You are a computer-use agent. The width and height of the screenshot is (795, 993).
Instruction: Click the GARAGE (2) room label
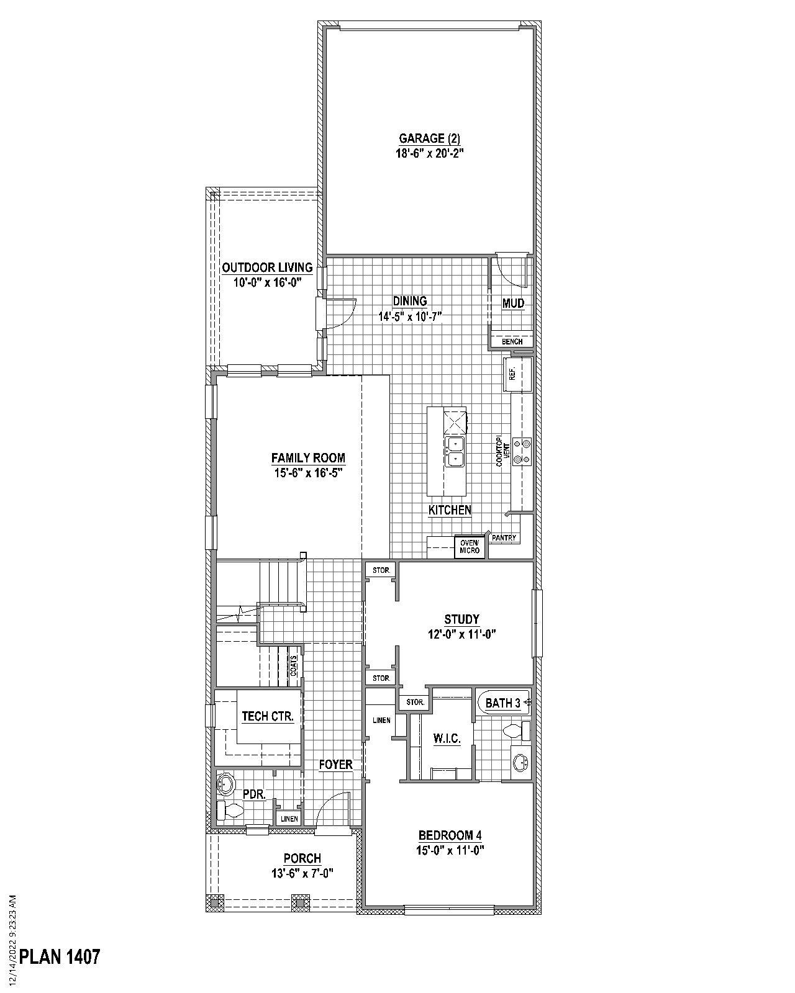[x=430, y=138]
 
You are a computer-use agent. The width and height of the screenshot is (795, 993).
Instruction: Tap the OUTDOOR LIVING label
[x=267, y=267]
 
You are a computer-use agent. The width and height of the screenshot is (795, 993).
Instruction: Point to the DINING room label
[x=410, y=301]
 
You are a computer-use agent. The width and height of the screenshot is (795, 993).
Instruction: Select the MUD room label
[x=514, y=303]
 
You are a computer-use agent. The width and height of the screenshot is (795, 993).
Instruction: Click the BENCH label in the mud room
[x=512, y=341]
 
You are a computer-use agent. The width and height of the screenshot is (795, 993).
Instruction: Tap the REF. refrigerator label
[x=512, y=374]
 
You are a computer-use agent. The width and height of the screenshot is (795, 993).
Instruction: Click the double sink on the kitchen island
[x=454, y=451]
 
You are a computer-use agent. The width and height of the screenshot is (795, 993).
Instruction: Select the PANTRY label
[x=504, y=538]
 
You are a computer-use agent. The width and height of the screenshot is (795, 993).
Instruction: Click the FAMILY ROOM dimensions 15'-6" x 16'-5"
[x=307, y=472]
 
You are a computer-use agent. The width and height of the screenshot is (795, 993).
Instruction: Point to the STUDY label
[x=461, y=619]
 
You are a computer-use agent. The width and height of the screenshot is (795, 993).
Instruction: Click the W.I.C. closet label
[x=447, y=739]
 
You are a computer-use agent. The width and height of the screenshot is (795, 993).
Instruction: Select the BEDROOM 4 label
[x=450, y=835]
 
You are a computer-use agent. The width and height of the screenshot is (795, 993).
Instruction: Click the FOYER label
[x=335, y=765]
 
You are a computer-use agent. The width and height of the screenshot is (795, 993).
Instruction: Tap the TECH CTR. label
[x=267, y=716]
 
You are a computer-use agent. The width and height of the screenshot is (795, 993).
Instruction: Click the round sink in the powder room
[x=225, y=784]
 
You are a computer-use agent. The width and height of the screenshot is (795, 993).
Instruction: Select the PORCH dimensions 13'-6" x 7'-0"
[x=302, y=873]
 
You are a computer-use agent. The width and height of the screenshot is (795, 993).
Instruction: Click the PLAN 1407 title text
[x=60, y=956]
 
